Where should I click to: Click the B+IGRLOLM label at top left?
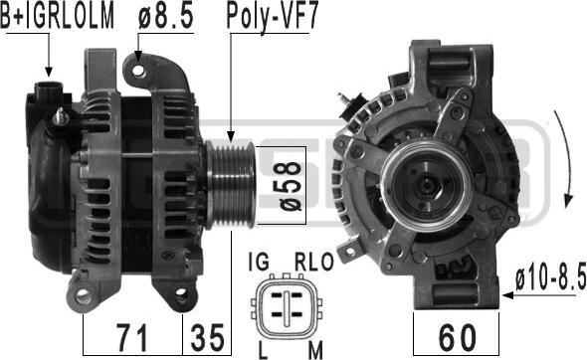[x=57, y=17]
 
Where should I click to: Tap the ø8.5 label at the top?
[x=166, y=17]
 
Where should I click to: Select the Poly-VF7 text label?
[x=273, y=18]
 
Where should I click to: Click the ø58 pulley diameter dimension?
[x=289, y=186]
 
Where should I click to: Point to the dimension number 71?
[x=131, y=337]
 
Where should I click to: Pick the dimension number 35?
[x=207, y=337]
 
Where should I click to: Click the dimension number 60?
[x=457, y=337]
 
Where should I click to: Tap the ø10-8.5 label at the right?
[x=550, y=277]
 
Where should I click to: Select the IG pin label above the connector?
[x=259, y=262]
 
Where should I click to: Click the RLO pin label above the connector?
[x=313, y=262]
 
